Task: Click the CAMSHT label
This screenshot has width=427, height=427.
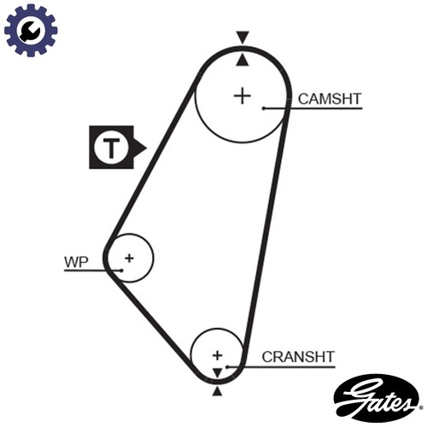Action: (x=330, y=99)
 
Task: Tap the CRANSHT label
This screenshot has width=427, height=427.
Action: (x=298, y=357)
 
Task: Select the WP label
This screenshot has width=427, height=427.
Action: (x=76, y=262)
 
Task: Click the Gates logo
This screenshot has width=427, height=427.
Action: (x=377, y=398)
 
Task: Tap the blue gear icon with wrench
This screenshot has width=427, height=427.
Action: (x=31, y=30)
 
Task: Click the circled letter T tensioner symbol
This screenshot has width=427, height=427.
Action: (x=111, y=148)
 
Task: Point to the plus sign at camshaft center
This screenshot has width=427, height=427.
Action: (x=243, y=96)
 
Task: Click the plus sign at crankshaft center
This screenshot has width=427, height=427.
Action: (x=218, y=355)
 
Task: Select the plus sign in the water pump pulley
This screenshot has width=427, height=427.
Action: (x=129, y=258)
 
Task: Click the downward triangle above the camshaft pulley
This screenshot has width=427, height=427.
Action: (x=243, y=37)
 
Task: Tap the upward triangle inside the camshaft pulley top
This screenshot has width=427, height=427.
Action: (x=243, y=61)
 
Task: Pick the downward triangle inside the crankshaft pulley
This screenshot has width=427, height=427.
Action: (x=217, y=372)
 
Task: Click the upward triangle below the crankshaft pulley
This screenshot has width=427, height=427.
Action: (x=217, y=391)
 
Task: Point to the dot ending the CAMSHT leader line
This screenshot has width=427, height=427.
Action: (x=264, y=108)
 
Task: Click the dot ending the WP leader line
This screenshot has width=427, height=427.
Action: (x=121, y=271)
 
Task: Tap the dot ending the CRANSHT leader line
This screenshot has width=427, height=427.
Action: (x=227, y=367)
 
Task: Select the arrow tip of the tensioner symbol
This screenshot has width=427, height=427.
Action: (x=146, y=148)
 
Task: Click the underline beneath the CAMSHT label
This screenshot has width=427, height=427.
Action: (x=313, y=108)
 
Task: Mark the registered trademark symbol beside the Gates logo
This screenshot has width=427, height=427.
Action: (x=421, y=408)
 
